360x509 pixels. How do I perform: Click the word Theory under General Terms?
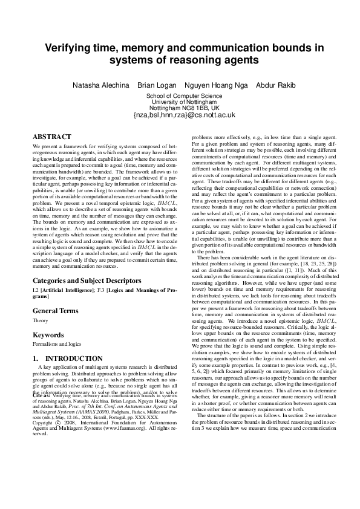[x=40, y=320]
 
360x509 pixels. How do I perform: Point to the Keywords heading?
[x=48, y=334]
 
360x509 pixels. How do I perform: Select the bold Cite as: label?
[x=42, y=396]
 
